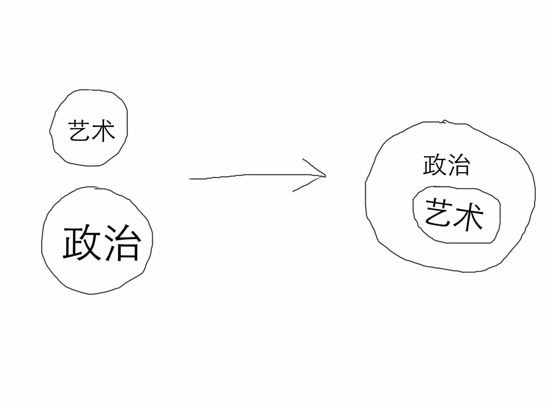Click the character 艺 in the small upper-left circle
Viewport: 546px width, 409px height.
(x=80, y=131)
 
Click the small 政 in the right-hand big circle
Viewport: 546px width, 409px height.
(x=434, y=166)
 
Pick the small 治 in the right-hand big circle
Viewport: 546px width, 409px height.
(x=458, y=166)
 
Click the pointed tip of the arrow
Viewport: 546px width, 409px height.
(x=325, y=176)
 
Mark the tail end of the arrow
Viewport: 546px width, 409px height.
(x=190, y=179)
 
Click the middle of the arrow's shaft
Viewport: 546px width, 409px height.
(x=256, y=175)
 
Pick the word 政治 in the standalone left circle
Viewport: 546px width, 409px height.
(x=102, y=242)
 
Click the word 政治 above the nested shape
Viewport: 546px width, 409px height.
(x=446, y=166)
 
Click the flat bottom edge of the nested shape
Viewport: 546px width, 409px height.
(x=469, y=243)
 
